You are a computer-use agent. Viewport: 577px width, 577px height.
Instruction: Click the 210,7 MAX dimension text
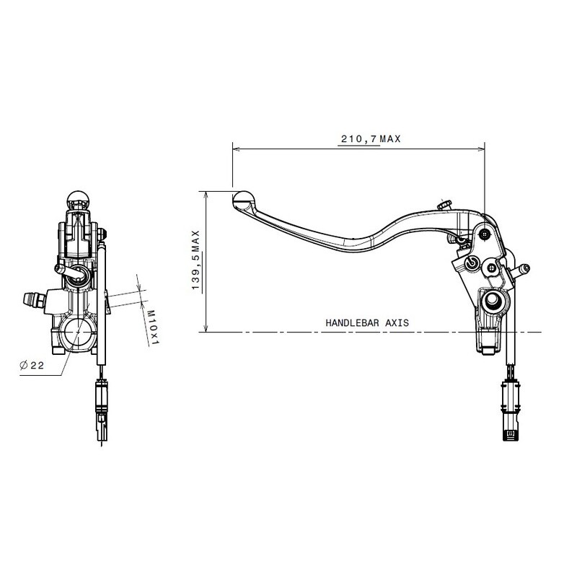[x=370, y=139]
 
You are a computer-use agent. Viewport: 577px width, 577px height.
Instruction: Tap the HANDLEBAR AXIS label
[x=366, y=323]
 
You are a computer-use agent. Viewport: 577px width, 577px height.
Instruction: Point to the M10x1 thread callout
[x=153, y=326]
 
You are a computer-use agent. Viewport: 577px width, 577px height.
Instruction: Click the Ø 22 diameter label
[x=33, y=366]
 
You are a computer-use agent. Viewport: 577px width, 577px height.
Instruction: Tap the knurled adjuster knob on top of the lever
[x=444, y=206]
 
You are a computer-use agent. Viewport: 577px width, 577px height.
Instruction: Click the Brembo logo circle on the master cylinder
[x=473, y=263]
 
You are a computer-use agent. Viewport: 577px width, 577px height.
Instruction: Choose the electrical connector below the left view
[x=101, y=404]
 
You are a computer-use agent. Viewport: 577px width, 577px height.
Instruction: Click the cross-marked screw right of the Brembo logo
[x=493, y=267]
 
